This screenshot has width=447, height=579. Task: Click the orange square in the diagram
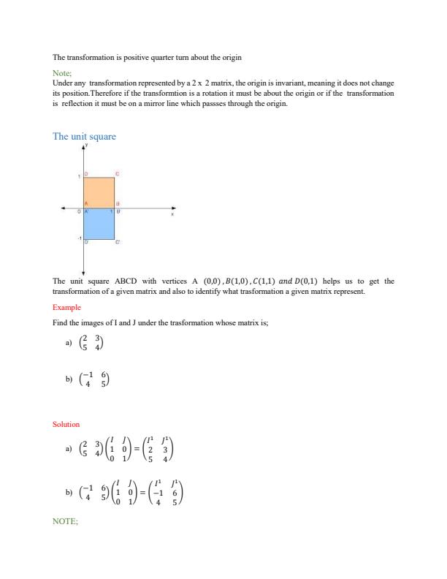coord(99,192)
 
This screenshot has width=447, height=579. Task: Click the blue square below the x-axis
coord(99,224)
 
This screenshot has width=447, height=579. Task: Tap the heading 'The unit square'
coord(84,137)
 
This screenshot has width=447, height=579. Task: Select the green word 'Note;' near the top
coord(62,74)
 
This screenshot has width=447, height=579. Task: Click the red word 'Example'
coord(66,308)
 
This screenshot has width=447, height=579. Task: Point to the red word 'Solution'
coord(66,424)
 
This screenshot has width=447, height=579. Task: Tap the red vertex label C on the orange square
coord(118,174)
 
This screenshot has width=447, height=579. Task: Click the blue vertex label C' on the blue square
coord(118,242)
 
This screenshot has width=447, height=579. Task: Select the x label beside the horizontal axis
coord(173,214)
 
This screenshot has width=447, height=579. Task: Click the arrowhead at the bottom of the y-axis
coord(83,272)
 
